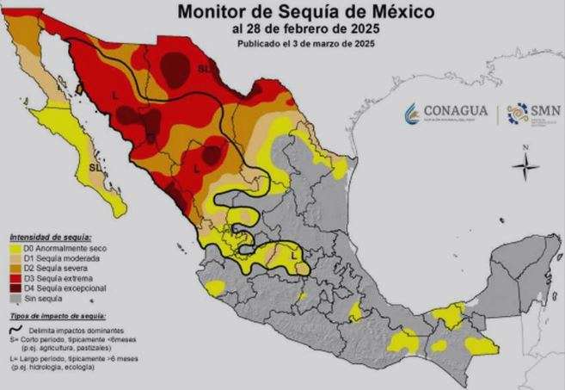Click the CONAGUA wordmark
pyautogui.click(x=456, y=111)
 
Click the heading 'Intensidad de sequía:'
pyautogui.click(x=50, y=236)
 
